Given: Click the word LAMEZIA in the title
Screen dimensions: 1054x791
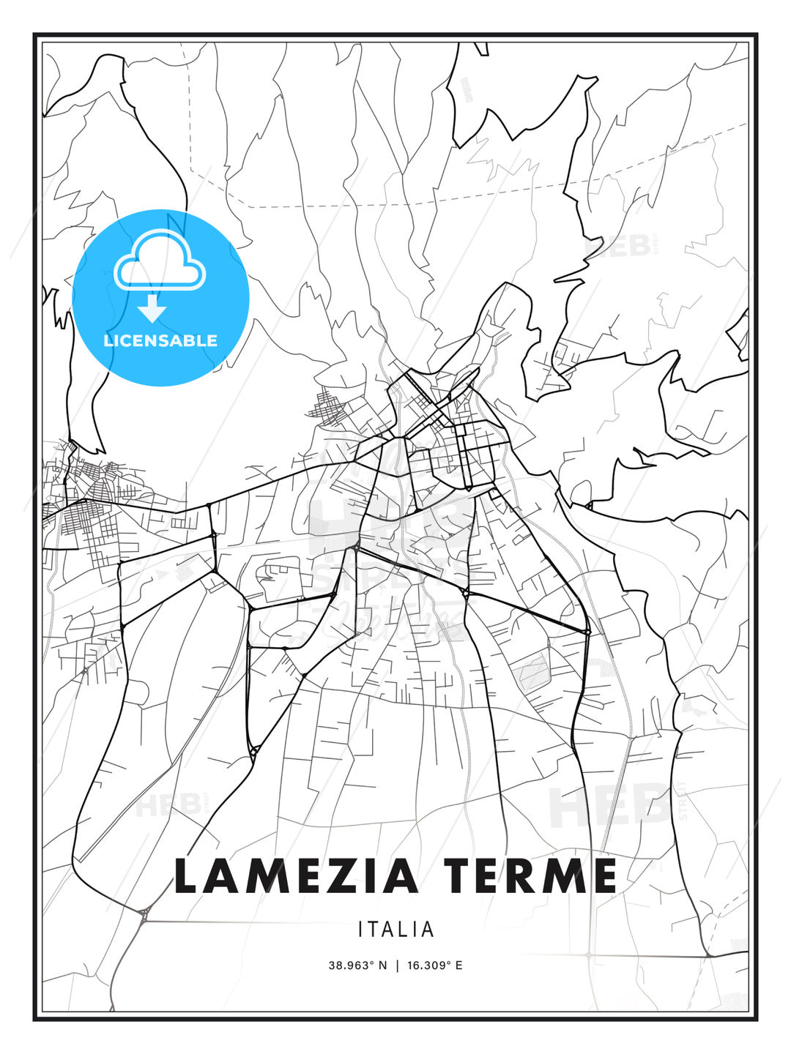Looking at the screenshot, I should (296, 876).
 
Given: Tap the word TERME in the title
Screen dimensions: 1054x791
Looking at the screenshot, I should (530, 876).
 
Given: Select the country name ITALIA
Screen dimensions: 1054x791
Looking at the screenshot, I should (395, 930).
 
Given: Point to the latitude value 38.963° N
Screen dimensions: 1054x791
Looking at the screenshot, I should (357, 965).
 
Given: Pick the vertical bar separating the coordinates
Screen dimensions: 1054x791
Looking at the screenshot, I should (397, 965).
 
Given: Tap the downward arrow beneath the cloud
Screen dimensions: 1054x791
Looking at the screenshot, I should (152, 309).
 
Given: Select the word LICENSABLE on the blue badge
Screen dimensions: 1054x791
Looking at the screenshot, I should (160, 340).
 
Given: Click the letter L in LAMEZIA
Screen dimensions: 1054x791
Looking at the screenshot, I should (187, 876).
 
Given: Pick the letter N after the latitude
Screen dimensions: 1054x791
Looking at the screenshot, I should (382, 965).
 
